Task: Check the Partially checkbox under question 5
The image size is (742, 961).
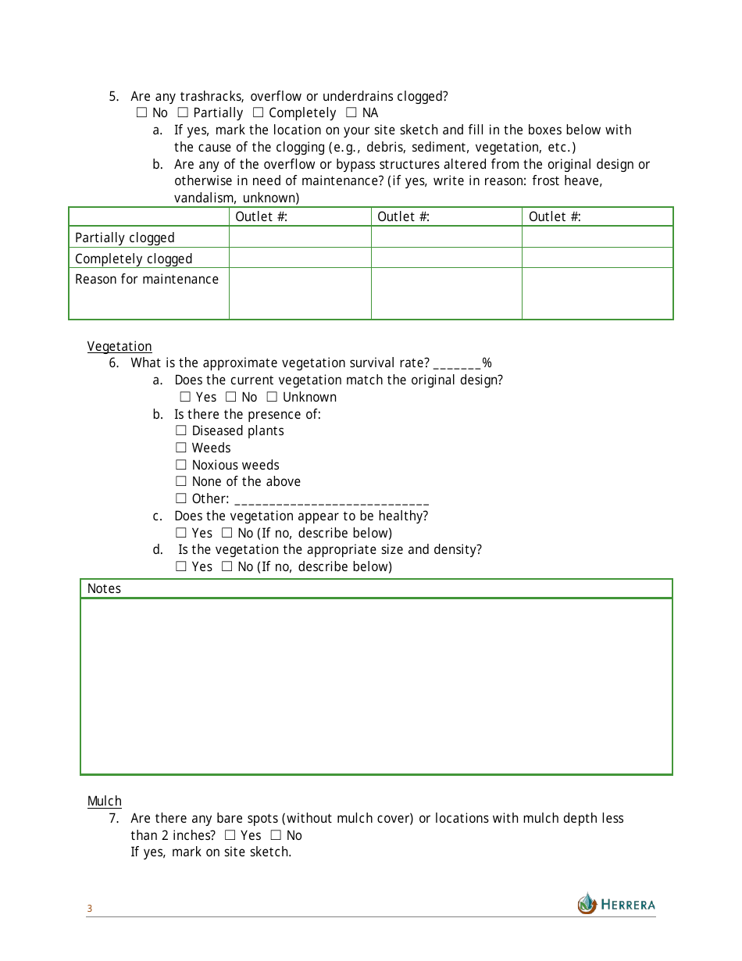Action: click(x=183, y=113)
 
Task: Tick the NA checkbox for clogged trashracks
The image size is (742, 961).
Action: click(x=351, y=113)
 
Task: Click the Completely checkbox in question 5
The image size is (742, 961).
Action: click(x=258, y=113)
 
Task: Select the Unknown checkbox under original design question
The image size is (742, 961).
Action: click(x=272, y=397)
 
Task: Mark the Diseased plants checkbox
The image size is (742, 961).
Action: click(x=181, y=430)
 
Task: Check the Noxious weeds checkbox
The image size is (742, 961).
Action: click(x=181, y=465)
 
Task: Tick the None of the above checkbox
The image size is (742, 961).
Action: click(x=181, y=481)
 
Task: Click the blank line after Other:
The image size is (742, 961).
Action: click(x=331, y=500)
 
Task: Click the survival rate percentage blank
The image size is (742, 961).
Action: click(x=457, y=364)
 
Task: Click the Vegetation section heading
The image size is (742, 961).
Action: click(x=120, y=346)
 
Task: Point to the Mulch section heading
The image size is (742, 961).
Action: click(x=105, y=801)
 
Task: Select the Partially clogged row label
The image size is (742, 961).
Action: click(x=125, y=238)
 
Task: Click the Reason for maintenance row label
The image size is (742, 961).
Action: click(x=147, y=279)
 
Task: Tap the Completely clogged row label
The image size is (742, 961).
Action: click(x=134, y=259)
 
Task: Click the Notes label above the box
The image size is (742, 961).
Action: click(x=104, y=588)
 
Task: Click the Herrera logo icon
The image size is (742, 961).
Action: click(x=587, y=903)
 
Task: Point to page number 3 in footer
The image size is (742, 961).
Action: click(x=89, y=909)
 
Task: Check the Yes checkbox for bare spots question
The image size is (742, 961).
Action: click(x=230, y=835)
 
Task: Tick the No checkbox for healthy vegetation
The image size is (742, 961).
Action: click(x=227, y=533)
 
